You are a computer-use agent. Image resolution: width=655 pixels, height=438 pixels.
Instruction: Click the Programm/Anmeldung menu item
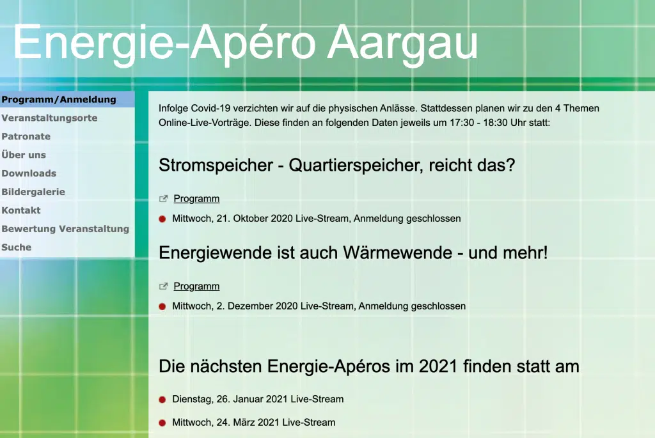click(x=59, y=100)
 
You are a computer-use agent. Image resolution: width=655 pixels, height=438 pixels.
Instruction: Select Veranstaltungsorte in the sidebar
click(x=49, y=118)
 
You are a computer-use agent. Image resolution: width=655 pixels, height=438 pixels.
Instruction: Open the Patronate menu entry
click(x=26, y=137)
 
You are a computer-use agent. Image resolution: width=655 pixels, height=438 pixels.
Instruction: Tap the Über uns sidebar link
click(x=24, y=155)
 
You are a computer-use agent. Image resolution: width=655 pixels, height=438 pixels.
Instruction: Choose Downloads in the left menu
click(x=29, y=173)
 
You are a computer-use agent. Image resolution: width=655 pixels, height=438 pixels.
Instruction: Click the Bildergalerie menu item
click(x=33, y=192)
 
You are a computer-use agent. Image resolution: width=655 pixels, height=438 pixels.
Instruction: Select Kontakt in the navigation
click(x=21, y=210)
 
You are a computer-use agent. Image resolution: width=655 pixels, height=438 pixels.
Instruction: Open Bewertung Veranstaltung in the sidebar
click(x=65, y=229)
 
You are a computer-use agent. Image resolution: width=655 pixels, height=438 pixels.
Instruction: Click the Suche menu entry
click(x=16, y=247)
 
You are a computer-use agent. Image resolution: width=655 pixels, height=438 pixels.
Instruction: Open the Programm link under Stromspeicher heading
click(x=196, y=199)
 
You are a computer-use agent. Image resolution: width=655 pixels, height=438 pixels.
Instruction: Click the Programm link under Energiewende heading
click(x=196, y=286)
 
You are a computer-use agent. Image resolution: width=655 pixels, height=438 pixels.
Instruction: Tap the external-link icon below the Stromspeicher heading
click(x=163, y=199)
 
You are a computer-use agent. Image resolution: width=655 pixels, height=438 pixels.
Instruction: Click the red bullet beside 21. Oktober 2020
click(x=162, y=219)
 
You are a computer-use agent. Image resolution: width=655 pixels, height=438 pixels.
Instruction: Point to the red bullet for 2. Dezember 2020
click(x=162, y=306)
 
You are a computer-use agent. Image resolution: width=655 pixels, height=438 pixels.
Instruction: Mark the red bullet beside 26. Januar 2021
click(x=162, y=400)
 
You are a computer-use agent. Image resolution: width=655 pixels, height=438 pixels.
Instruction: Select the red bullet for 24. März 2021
click(x=162, y=423)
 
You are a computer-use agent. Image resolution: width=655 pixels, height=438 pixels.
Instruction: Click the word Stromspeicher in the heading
click(x=216, y=166)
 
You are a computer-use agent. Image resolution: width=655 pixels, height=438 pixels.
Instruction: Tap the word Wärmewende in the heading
click(x=398, y=253)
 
